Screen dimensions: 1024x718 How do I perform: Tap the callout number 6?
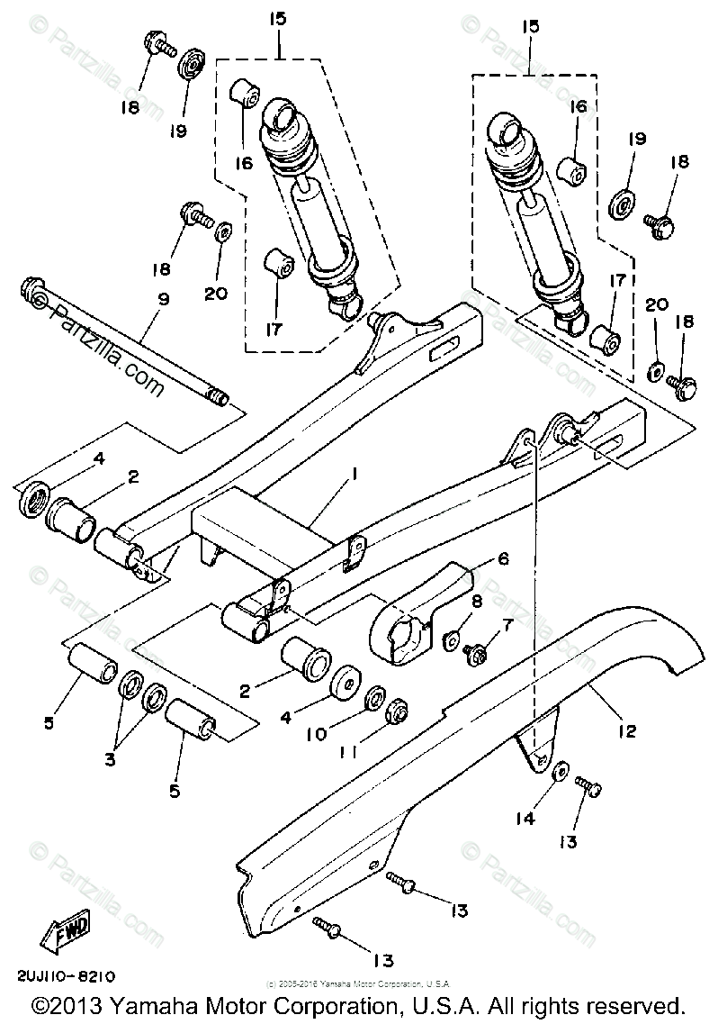(502, 559)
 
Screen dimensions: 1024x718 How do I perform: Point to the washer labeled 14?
(558, 772)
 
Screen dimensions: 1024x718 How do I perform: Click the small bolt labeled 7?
(472, 656)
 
